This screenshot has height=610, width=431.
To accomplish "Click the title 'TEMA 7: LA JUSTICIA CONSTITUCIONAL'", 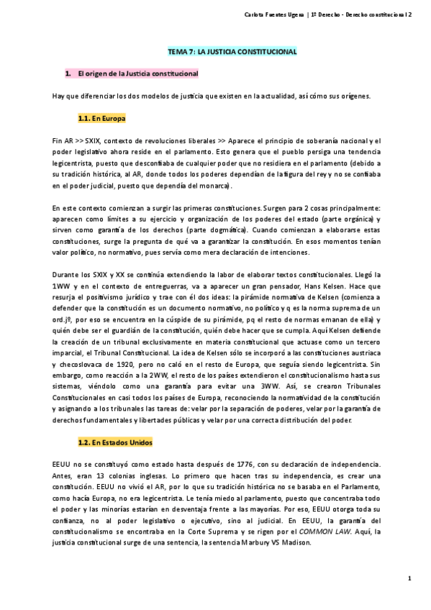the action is [x=228, y=53].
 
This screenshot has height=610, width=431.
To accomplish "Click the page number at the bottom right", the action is [x=409, y=578].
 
